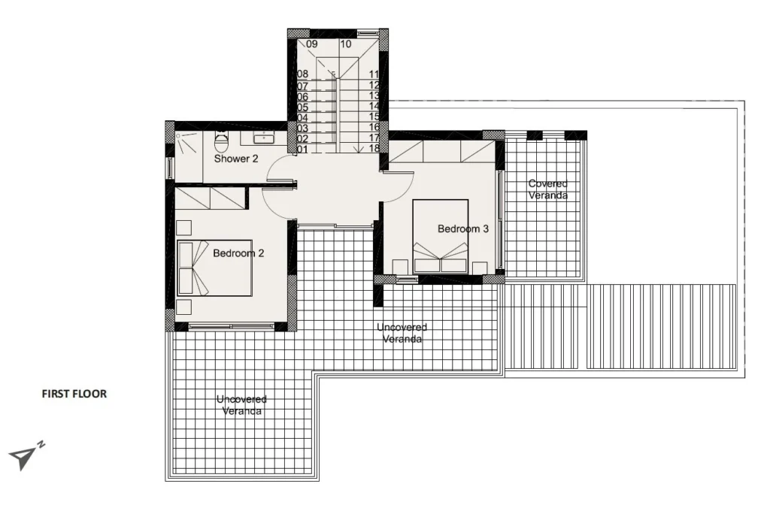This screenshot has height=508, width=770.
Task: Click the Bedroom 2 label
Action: (x=238, y=253)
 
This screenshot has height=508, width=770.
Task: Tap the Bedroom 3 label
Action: (x=463, y=228)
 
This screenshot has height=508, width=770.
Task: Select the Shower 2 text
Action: (x=236, y=159)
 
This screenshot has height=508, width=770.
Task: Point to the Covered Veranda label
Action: (x=548, y=189)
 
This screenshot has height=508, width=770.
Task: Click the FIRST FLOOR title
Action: (x=74, y=394)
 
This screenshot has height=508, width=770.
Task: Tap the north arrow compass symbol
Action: (x=26, y=455)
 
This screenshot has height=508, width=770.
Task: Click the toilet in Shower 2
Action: (x=222, y=142)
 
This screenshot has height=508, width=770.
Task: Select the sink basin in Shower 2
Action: (x=264, y=138)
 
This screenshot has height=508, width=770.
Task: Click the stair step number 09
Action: (x=312, y=44)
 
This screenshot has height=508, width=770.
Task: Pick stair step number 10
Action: (x=346, y=44)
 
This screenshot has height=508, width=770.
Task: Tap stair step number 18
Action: (x=374, y=148)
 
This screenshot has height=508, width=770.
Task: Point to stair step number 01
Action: (x=302, y=150)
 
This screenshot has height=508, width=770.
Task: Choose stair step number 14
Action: (x=374, y=106)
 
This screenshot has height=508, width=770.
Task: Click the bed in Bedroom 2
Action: (x=214, y=268)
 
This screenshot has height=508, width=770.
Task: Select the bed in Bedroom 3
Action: (x=440, y=236)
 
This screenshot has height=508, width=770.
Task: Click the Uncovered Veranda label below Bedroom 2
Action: (x=241, y=405)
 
